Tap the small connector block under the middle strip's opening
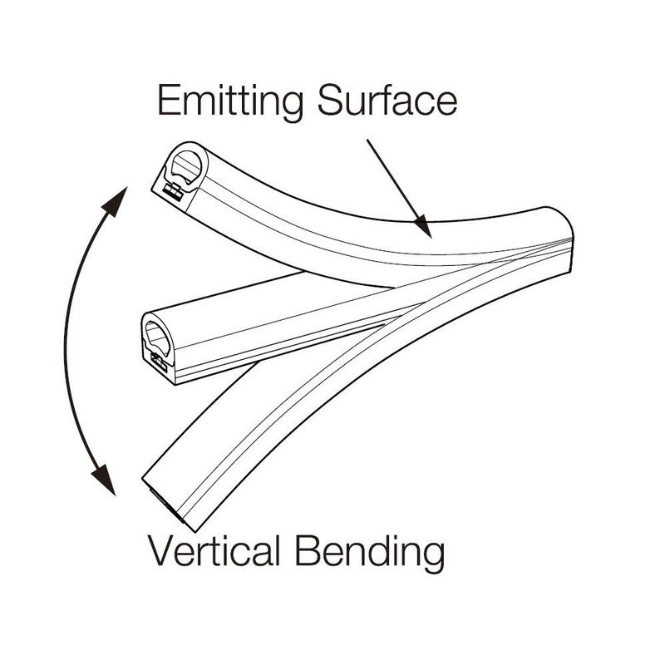tap(156, 360)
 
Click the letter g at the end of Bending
tap(432, 557)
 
